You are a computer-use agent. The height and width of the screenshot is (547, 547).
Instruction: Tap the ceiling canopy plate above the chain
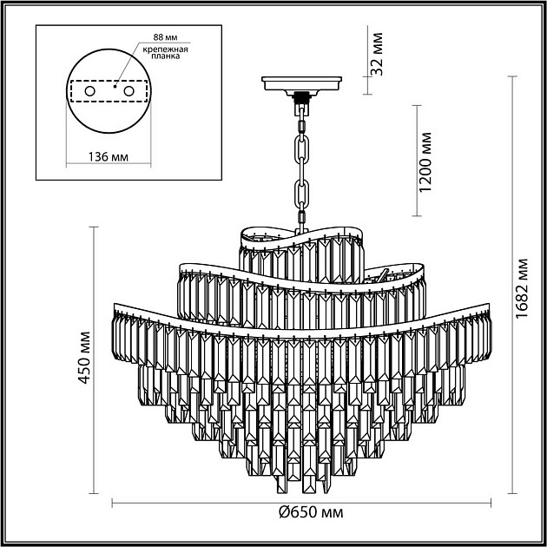point(302,85)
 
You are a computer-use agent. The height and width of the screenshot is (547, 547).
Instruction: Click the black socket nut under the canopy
point(302,97)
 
